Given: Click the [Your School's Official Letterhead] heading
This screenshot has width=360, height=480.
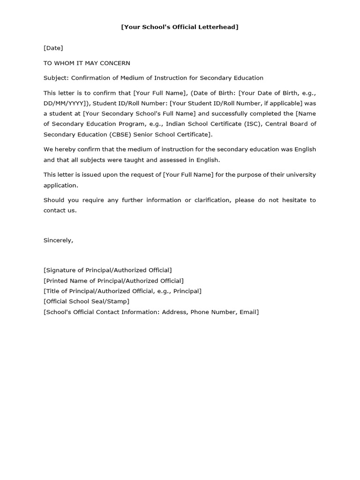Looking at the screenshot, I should (180, 27).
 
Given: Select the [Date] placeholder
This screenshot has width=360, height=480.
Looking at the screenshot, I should (53, 48).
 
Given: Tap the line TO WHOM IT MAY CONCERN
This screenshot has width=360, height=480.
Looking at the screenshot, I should (87, 63).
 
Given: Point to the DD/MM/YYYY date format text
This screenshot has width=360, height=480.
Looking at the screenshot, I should (65, 103).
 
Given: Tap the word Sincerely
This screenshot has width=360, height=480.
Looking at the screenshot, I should (58, 240).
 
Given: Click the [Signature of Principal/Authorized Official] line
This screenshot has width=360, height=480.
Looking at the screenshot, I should (108, 270).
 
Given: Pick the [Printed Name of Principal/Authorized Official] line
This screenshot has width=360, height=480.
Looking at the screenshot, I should (113, 281).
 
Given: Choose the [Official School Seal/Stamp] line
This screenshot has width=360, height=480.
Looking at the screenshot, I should (86, 301).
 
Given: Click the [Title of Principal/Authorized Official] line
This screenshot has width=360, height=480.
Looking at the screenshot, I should (122, 291).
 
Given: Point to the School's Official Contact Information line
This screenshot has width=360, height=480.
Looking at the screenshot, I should (151, 312).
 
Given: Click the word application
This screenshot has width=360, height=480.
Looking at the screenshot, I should (60, 185).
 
